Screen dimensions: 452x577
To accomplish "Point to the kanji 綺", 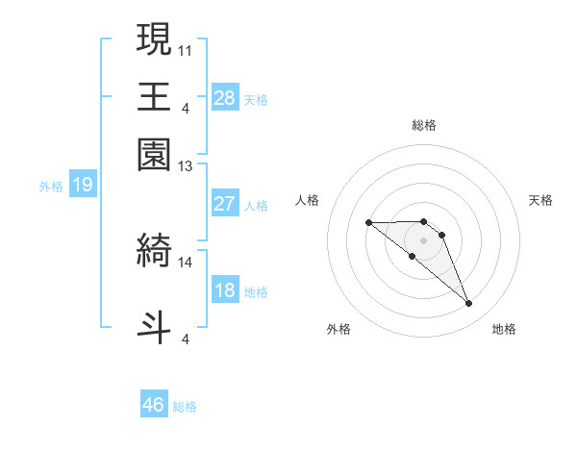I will tap(154, 249).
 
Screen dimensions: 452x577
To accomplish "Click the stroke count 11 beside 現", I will tap(186, 48).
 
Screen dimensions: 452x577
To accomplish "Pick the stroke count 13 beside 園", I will tap(186, 166).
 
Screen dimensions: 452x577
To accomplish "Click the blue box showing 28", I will tap(225, 98).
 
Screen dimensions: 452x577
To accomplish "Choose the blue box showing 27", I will tap(225, 204).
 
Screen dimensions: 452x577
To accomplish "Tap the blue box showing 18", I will tap(225, 290).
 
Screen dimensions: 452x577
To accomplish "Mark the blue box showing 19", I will tap(83, 185).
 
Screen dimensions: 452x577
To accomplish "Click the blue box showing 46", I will tap(154, 405).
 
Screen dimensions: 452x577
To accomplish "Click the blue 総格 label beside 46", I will tap(185, 407).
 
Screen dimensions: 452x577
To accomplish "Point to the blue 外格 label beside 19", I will tap(51, 187).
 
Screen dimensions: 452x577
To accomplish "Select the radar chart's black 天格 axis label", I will tap(540, 200).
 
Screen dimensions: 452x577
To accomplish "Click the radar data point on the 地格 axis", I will tap(469, 304).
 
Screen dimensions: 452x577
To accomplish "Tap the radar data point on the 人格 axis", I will tap(368, 222).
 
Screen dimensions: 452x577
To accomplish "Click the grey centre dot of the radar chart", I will tap(424, 239).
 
